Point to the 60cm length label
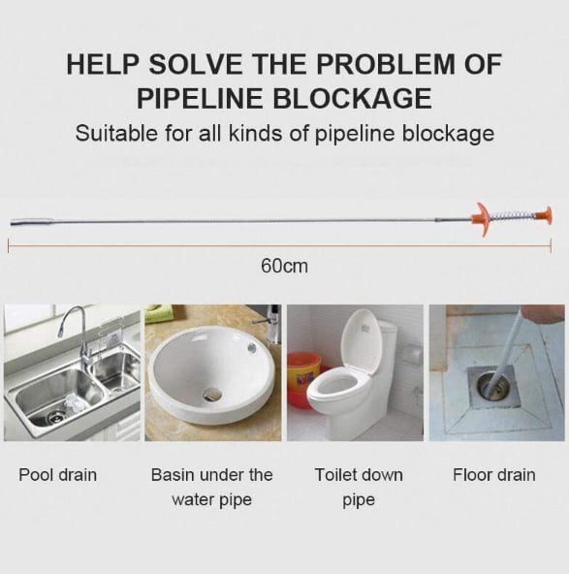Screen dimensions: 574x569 click(x=284, y=265)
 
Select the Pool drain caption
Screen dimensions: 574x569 click(x=58, y=475)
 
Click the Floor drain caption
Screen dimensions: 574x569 click(x=494, y=475)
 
